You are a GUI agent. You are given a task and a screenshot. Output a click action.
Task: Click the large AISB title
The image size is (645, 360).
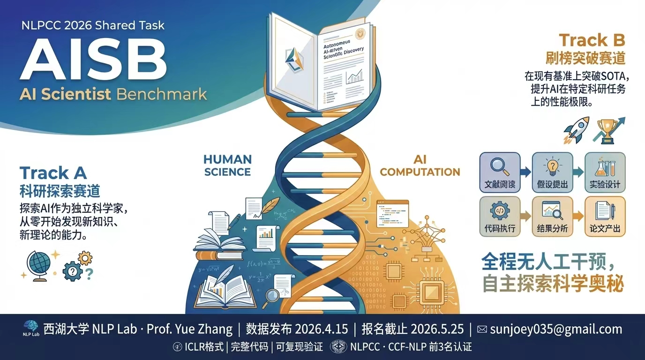pyautogui.click(x=93, y=59)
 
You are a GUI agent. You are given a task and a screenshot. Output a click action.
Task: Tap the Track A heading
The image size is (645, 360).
pyautogui.click(x=53, y=173)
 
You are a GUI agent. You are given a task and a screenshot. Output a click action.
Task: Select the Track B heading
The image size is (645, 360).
pyautogui.click(x=592, y=40)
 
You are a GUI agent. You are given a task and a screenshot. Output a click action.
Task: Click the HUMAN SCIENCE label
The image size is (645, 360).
pyautogui.click(x=227, y=165)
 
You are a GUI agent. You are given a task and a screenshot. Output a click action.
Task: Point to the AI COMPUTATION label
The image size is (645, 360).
pyautogui.click(x=420, y=165)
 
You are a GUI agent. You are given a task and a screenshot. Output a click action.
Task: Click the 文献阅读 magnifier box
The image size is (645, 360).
pyautogui.click(x=500, y=172)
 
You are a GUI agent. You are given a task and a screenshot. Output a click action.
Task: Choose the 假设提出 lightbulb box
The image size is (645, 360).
pyautogui.click(x=552, y=172)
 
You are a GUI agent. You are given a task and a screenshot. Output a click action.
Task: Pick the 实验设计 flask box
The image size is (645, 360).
pyautogui.click(x=605, y=172)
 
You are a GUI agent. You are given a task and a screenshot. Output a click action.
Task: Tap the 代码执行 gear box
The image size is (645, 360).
pyautogui.click(x=500, y=216)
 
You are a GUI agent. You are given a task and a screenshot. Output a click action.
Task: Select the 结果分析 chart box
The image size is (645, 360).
pyautogui.click(x=552, y=216)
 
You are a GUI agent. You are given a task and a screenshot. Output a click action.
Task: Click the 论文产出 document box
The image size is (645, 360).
pyautogui.click(x=605, y=216)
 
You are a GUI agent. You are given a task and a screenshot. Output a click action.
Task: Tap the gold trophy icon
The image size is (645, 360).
pyautogui.click(x=606, y=130)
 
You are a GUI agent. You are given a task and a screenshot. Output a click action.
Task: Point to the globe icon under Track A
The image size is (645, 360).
pyautogui.click(x=38, y=265)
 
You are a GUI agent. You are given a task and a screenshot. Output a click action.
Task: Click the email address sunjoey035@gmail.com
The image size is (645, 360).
pyautogui.click(x=556, y=329)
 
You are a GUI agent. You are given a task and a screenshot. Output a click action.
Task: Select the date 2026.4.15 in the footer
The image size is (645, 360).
pyautogui.click(x=322, y=329)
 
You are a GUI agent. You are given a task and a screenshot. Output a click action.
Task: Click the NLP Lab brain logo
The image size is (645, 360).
pyautogui.click(x=30, y=327)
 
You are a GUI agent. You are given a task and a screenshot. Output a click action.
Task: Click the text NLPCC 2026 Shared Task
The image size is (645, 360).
pyautogui.click(x=93, y=25)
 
